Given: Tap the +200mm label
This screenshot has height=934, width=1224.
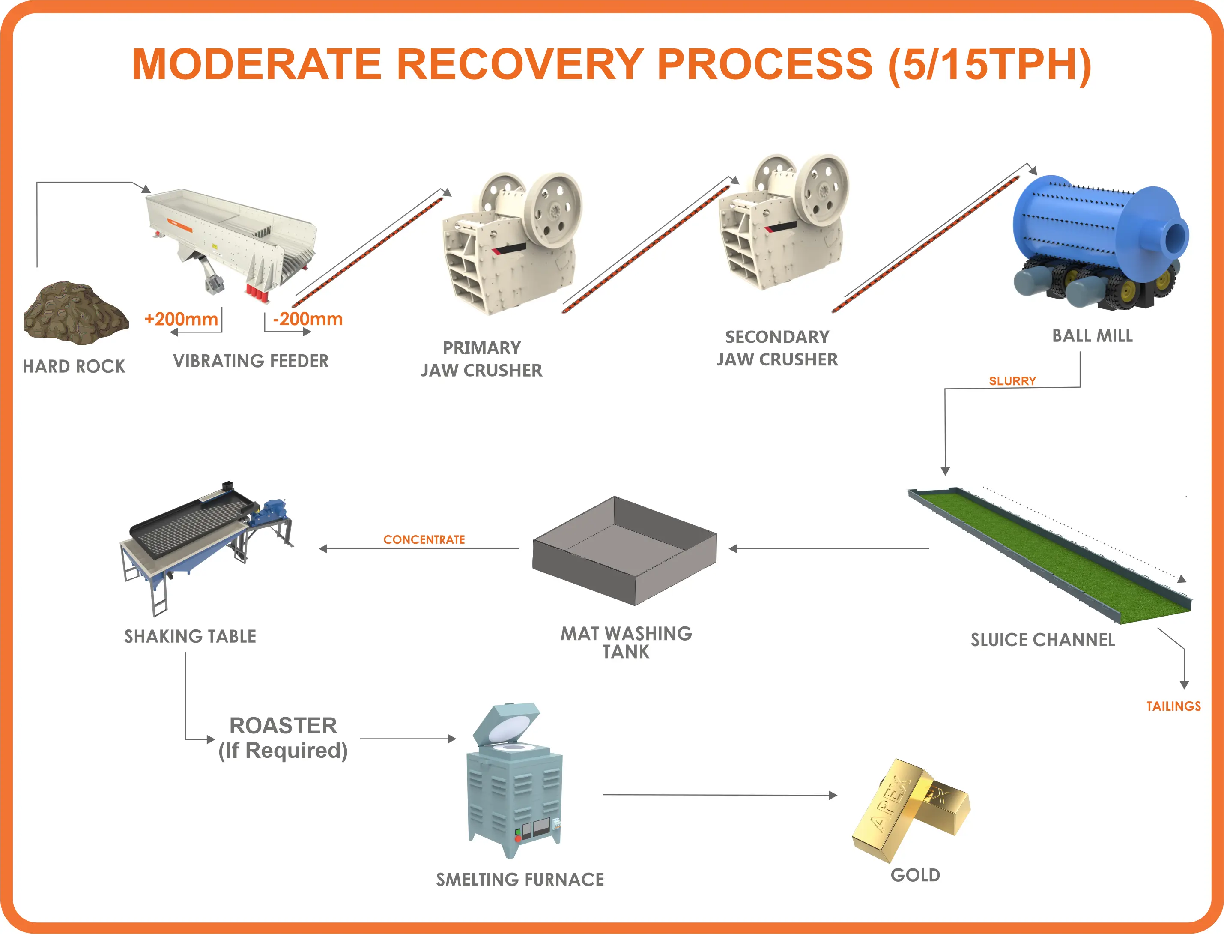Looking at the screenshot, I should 181,319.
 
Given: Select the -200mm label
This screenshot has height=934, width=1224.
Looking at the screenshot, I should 308,319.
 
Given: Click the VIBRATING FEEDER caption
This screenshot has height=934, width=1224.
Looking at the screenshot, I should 251,361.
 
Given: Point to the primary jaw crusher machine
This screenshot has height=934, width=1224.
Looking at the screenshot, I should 511,245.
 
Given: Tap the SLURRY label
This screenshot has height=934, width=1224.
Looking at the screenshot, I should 1012,381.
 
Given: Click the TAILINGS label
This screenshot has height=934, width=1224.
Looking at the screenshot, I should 1173,706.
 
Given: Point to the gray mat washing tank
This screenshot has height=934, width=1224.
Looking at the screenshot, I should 624,551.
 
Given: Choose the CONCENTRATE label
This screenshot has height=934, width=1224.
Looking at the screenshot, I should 424,539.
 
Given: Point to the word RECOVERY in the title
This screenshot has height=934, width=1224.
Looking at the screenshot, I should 519,64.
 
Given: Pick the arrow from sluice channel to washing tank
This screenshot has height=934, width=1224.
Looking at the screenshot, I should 828,549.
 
